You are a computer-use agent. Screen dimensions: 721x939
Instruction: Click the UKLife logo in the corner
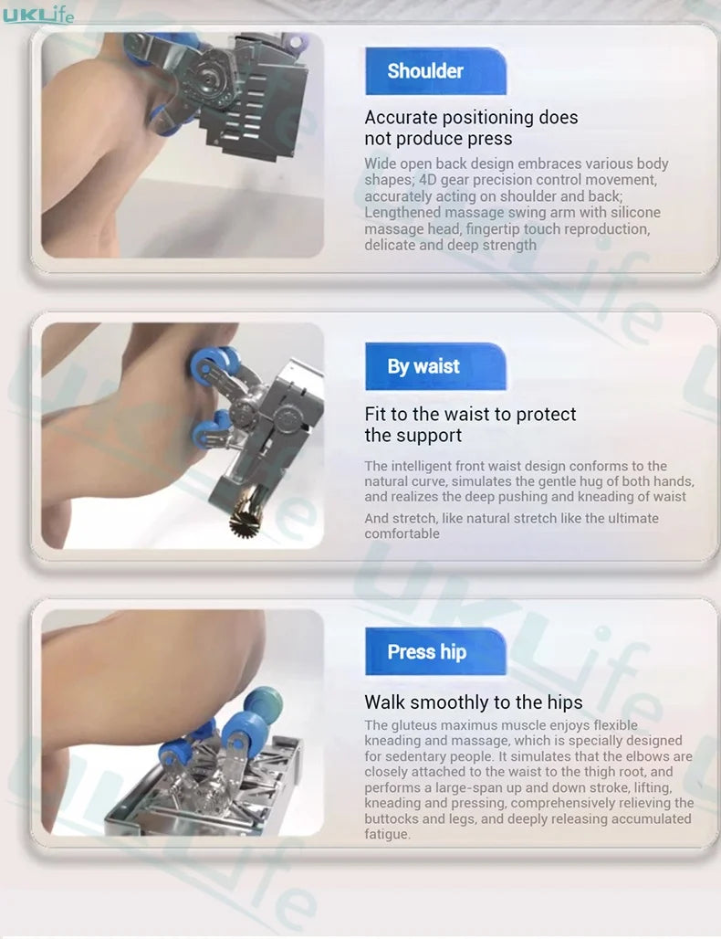coord(37,14)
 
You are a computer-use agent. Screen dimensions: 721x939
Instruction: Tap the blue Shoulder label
coord(435,70)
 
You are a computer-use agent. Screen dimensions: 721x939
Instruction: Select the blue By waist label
coord(435,366)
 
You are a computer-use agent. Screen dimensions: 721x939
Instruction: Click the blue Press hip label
coord(435,651)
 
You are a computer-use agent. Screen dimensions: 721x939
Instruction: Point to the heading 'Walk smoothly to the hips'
coord(474,702)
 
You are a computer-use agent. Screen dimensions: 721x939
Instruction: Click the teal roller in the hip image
coord(263,702)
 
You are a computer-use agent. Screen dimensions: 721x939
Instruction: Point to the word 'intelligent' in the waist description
coord(422,466)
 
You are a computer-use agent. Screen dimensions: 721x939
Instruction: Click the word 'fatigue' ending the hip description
coord(387,834)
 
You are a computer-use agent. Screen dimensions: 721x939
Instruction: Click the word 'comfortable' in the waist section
coord(402,533)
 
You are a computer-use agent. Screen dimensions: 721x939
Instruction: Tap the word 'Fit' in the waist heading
coord(374,415)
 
